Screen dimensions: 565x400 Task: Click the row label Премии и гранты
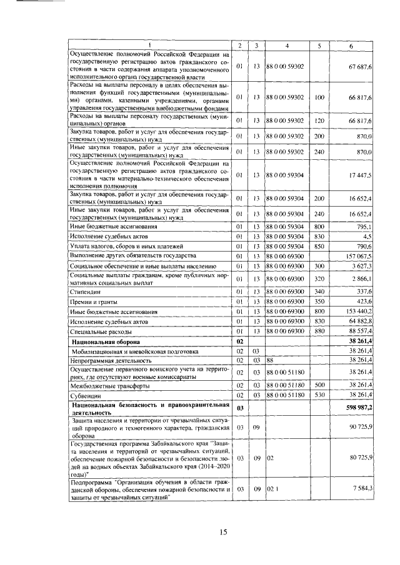tap(91, 301)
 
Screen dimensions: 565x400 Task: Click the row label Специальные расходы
tap(101, 332)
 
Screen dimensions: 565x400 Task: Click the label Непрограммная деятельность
tap(111, 361)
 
